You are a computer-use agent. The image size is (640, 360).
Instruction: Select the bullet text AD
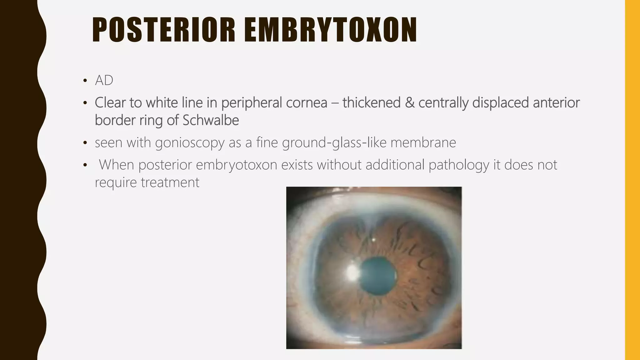104,81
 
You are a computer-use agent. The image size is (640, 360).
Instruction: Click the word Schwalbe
211,120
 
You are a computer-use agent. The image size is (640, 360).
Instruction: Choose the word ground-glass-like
334,143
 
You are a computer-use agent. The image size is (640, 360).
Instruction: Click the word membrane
423,143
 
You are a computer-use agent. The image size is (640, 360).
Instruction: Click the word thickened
371,103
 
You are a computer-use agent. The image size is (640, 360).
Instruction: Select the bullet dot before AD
85,81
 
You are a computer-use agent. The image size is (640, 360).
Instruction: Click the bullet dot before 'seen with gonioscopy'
85,143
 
